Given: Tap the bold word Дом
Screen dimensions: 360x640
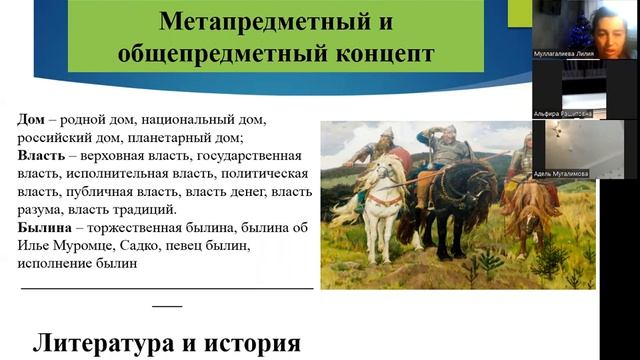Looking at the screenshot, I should tap(32, 119).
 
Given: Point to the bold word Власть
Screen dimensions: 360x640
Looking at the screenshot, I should tap(44, 156).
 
